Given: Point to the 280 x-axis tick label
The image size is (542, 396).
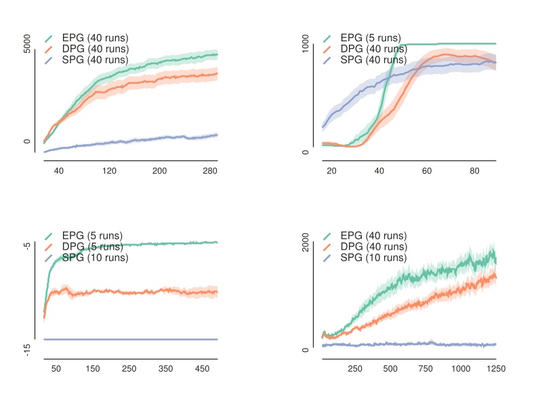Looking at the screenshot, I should tap(210, 171).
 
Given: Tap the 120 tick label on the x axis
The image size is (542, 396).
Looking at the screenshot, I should tap(109, 171).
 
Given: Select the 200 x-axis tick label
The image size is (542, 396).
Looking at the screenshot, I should tap(160, 171).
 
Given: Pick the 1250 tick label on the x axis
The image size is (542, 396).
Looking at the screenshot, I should tap(496, 369).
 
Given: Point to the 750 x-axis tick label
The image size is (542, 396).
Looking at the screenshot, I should tap(425, 369).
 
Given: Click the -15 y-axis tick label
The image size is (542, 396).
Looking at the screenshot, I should tap(28, 349).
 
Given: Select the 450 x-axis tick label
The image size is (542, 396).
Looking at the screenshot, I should tap(203, 369).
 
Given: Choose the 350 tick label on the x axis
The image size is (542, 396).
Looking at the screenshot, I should tap(166, 369).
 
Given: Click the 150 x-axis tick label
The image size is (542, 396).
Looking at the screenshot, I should tap(93, 369).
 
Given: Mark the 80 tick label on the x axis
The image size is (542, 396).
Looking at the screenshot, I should tap(474, 171).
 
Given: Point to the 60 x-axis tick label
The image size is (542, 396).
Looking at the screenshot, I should tap(427, 171).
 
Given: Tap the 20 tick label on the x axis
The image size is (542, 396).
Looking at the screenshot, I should tap(332, 171).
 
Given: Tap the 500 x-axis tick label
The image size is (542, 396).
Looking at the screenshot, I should tap(390, 369).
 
